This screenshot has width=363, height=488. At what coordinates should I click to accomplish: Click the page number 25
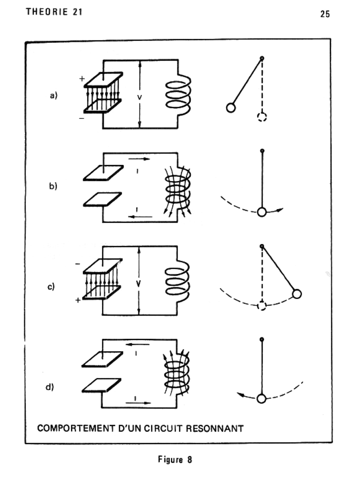coord(325,14)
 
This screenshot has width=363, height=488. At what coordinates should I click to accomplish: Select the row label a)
coord(53,95)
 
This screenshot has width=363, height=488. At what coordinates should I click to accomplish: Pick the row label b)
coord(53,186)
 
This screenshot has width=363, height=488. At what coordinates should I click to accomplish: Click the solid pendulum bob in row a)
coord(231,108)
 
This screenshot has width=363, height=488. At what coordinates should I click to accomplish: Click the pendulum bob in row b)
coord(262,212)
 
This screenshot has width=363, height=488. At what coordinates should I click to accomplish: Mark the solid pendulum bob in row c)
coord(297,294)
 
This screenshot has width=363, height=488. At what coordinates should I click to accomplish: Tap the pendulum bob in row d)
coord(262,399)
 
